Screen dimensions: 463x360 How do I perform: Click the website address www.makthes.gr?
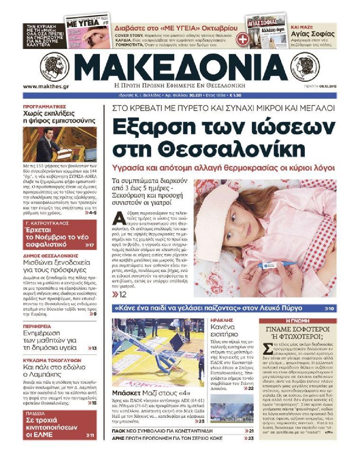[x=46, y=87]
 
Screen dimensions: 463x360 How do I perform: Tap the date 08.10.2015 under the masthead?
[x=328, y=87]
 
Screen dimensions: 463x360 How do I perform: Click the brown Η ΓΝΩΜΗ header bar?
[x=298, y=321]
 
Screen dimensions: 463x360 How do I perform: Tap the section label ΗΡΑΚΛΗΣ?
[x=222, y=320]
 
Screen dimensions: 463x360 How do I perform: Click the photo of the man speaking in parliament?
[x=60, y=144]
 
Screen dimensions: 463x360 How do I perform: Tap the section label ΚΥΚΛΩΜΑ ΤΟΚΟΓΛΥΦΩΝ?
[x=52, y=360]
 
